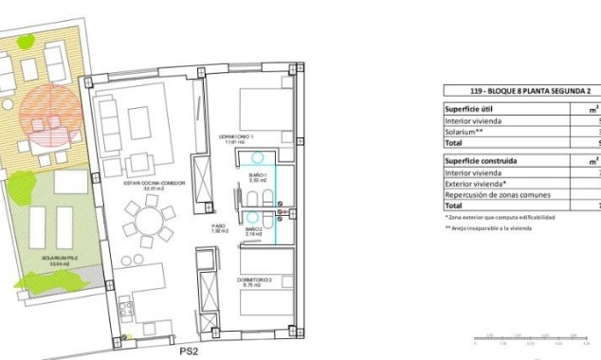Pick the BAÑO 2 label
(254, 229)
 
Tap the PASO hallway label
(219, 228)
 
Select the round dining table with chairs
(151, 225)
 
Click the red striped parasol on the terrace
(50, 117)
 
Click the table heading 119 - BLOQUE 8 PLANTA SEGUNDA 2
(522, 91)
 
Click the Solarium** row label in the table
(468, 132)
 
